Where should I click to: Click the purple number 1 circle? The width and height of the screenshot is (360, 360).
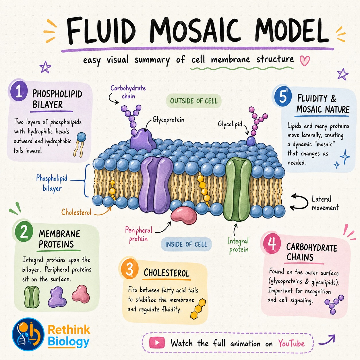point(19,92)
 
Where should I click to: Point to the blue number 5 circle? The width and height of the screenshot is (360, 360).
point(283,96)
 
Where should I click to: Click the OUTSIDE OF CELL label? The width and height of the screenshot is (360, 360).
point(194,101)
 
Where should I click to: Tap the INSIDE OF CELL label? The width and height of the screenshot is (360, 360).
point(186,244)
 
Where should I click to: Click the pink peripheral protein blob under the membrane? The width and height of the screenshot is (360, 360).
point(184,215)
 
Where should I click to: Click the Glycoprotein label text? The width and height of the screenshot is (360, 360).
point(168,119)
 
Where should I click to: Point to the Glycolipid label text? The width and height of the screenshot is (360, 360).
point(230,124)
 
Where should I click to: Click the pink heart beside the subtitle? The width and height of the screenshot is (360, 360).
point(305,61)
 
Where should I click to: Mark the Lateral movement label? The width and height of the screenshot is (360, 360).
point(325,203)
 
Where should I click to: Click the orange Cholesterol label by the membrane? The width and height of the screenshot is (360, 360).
point(76,212)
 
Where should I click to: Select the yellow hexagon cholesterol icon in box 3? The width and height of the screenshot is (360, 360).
point(198,309)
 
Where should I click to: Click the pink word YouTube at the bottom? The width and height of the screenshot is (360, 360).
point(291,343)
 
